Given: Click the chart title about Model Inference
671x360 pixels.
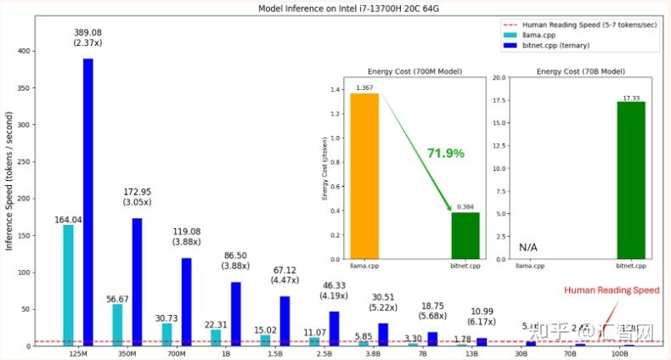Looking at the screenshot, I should pyautogui.click(x=335, y=8).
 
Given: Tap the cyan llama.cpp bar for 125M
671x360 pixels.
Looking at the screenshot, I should pyautogui.click(x=68, y=284).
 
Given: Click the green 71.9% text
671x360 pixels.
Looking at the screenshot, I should pyautogui.click(x=445, y=154).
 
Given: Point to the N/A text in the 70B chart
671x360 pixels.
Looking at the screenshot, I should pyautogui.click(x=529, y=247).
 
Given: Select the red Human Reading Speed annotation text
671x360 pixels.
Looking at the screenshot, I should pyautogui.click(x=612, y=290).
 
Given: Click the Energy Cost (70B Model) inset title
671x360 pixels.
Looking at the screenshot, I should pyautogui.click(x=571, y=71).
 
